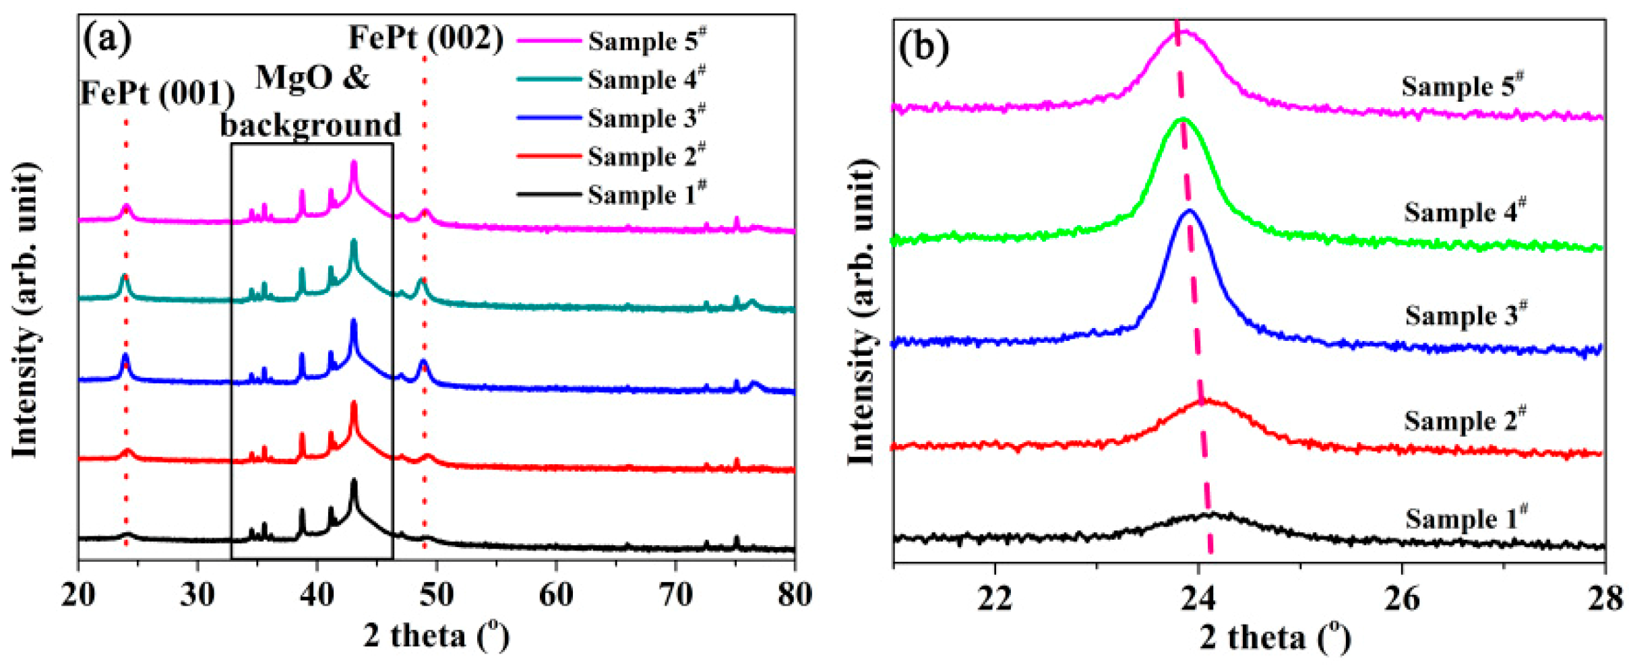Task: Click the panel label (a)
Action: (x=106, y=39)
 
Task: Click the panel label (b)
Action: (x=923, y=47)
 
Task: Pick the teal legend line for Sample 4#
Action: (x=549, y=79)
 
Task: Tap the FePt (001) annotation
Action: (x=157, y=92)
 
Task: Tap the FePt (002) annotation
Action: (x=425, y=38)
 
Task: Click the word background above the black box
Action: (x=311, y=125)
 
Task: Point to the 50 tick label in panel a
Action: (x=437, y=594)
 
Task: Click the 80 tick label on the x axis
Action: (x=795, y=594)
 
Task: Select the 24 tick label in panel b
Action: (x=1198, y=598)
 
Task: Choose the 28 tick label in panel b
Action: (x=1605, y=598)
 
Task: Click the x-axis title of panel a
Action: (x=436, y=635)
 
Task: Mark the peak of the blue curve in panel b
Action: (x=1190, y=212)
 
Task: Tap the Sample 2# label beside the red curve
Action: (x=1464, y=420)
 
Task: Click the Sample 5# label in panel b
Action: (x=1461, y=86)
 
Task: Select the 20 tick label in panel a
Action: (x=78, y=594)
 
